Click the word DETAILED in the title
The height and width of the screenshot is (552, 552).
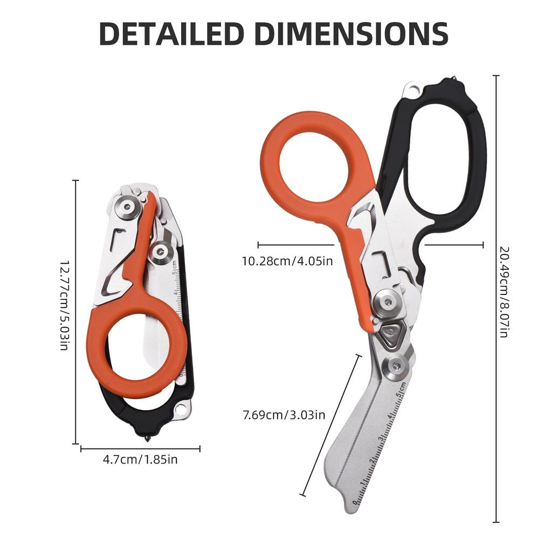point(172,33)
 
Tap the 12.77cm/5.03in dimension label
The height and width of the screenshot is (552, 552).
point(64,305)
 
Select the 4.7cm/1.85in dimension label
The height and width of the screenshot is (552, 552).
point(140,459)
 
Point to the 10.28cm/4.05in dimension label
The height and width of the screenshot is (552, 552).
point(287,261)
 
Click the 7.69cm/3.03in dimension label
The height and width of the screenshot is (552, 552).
point(284,415)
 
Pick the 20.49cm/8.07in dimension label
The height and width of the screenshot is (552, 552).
point(505,292)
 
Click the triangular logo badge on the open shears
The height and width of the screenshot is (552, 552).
point(390,332)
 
